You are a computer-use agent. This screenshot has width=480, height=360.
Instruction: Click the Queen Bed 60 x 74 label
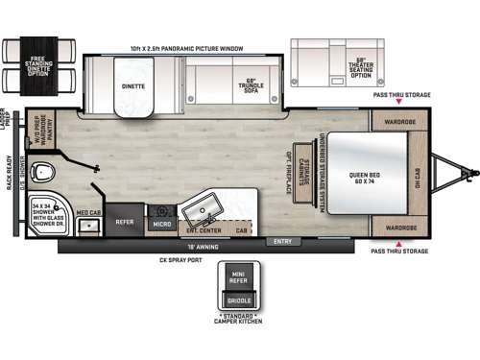click(364, 176)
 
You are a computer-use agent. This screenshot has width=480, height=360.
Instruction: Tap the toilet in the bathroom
click(40, 174)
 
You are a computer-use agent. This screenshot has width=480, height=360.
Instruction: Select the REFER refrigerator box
click(125, 221)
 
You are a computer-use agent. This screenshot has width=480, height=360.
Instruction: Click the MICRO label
click(161, 224)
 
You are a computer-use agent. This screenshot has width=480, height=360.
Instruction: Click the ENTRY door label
click(283, 240)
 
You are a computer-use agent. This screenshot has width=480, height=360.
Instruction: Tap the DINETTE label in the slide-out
click(133, 85)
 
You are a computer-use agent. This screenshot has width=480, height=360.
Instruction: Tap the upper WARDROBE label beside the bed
click(400, 122)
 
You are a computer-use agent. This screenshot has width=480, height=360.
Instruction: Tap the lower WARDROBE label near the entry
click(400, 228)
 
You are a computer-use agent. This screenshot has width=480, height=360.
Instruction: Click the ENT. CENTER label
click(203, 230)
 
